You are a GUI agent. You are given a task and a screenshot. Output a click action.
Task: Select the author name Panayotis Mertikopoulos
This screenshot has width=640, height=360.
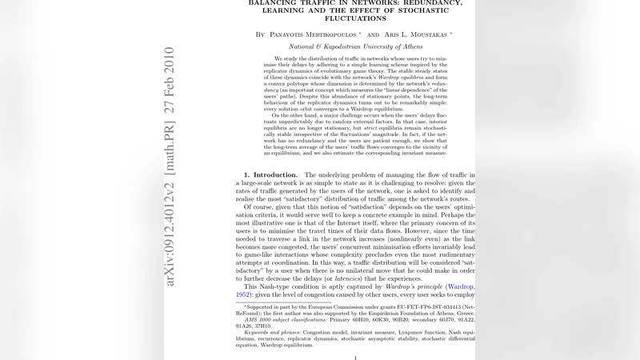311,35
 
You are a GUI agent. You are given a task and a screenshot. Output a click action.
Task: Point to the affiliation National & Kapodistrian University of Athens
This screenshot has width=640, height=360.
355,47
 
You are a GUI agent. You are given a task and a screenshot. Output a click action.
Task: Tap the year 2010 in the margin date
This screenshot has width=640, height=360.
170,60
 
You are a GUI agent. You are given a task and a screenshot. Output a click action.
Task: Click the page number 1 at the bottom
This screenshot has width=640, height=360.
355,358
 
